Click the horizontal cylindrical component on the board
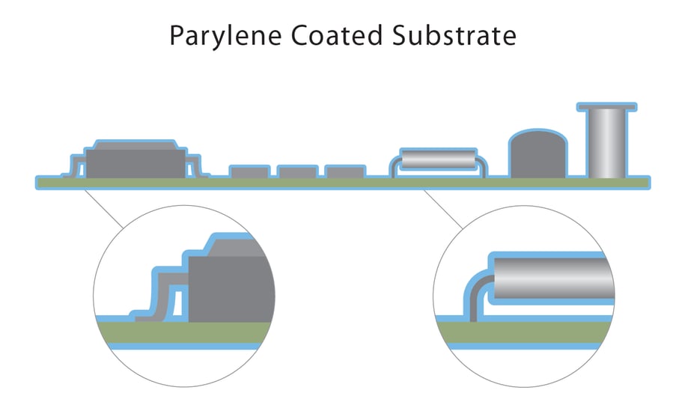(438, 159)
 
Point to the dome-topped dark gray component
(538, 156)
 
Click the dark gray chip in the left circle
(228, 288)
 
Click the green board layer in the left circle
(187, 334)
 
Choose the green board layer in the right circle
(524, 333)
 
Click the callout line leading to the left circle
(105, 210)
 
